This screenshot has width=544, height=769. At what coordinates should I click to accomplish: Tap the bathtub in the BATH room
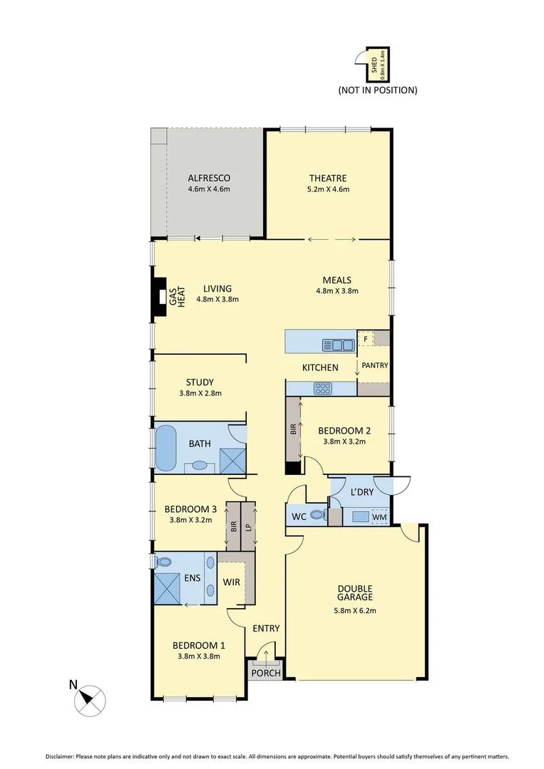tap(165, 448)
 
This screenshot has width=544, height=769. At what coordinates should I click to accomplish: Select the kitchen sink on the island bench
tap(338, 345)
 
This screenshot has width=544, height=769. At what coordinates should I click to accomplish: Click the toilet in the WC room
tap(319, 515)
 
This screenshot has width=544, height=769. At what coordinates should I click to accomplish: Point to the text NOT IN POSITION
tap(377, 90)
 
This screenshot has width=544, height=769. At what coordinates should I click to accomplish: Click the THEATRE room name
tap(328, 178)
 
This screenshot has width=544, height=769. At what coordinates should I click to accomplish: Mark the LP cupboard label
tap(248, 527)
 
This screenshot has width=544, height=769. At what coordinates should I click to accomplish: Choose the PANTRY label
tap(374, 366)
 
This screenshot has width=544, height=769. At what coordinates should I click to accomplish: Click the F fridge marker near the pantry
tap(365, 340)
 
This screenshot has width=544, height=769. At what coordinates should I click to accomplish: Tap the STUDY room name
tap(200, 382)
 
